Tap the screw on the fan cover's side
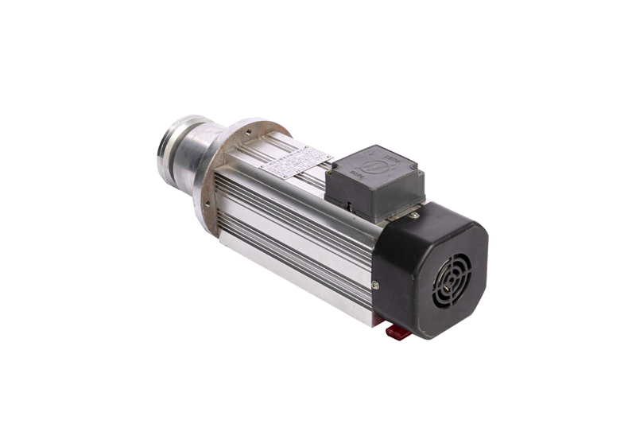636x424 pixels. [375, 284]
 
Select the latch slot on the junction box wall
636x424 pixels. [350, 203]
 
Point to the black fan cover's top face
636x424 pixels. [445, 219]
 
